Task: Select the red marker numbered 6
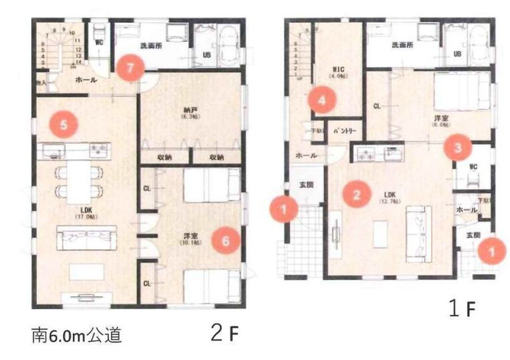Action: (x=225, y=241)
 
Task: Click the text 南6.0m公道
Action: (x=77, y=336)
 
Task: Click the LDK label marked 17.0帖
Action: (x=87, y=212)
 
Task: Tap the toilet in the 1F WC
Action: (x=475, y=175)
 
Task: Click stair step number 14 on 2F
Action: (x=77, y=61)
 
